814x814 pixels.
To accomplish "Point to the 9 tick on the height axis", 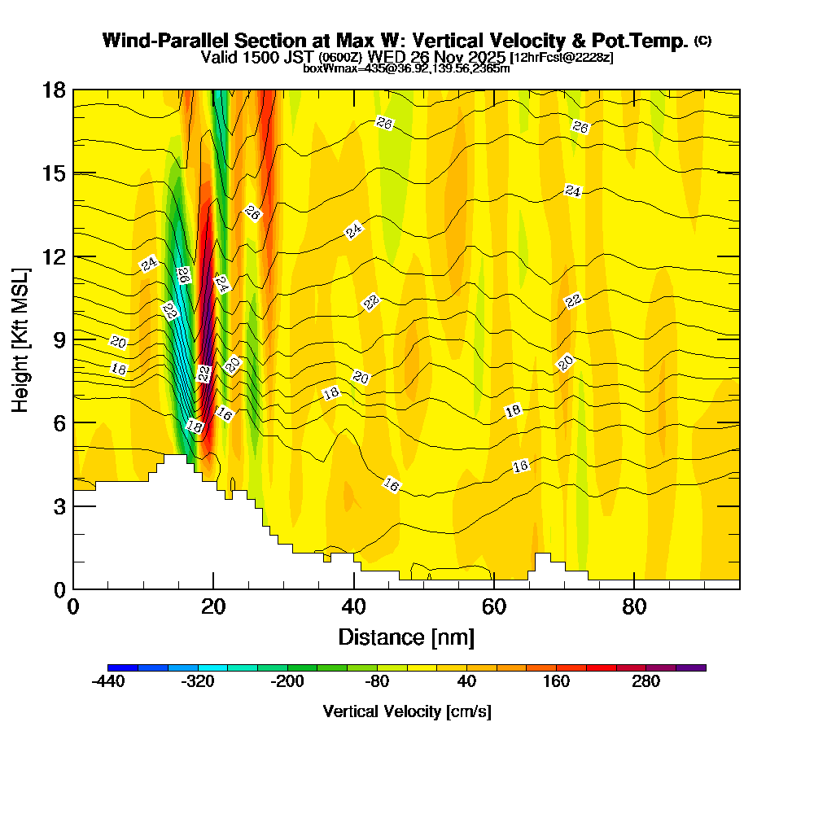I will [73, 339].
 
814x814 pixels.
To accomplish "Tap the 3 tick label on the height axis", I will [59, 506].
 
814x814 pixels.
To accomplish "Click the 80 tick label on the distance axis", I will [634, 607].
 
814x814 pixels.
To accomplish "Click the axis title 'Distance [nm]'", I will [406, 636].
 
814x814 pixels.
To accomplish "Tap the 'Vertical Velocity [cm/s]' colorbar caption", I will [406, 711].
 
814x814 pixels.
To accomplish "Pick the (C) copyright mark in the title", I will [702, 40].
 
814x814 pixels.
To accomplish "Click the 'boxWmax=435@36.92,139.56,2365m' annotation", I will [406, 68].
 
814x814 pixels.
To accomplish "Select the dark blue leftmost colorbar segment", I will [123, 667].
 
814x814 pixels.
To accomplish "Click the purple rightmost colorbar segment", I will [690, 667].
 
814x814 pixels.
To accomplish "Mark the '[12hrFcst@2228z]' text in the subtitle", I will [561, 58].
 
